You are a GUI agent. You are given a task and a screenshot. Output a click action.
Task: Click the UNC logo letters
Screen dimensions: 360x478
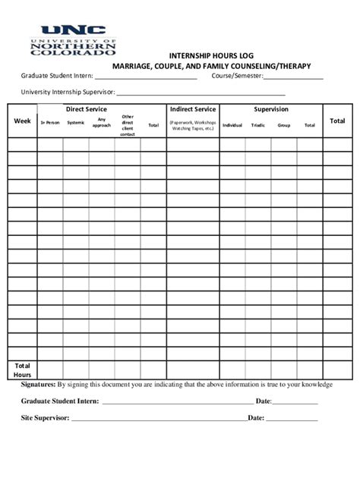click(73, 31)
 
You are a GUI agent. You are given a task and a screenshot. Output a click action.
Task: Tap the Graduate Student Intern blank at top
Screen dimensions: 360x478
click(145, 77)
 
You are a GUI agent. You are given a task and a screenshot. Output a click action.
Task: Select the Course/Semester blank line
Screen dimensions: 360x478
click(294, 77)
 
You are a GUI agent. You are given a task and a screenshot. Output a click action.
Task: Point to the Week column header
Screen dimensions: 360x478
click(23, 121)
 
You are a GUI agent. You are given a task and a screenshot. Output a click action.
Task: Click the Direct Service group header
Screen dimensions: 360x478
click(87, 109)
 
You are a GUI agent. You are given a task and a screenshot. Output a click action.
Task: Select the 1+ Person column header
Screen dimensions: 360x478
click(50, 123)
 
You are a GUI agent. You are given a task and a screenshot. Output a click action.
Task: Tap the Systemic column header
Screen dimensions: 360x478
click(76, 123)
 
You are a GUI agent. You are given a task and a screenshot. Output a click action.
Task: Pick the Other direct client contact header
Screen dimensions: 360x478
click(128, 125)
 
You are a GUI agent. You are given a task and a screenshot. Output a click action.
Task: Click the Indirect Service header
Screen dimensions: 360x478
click(193, 109)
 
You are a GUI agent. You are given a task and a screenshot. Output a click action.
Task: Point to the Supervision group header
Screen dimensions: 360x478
click(271, 109)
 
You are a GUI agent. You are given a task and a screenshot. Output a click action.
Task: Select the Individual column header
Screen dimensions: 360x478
click(232, 125)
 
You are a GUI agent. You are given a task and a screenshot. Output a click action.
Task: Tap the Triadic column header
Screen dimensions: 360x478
click(258, 125)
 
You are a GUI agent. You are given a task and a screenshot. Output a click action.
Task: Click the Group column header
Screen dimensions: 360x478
click(284, 125)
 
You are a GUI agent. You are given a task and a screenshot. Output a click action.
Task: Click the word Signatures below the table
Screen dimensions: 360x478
click(38, 385)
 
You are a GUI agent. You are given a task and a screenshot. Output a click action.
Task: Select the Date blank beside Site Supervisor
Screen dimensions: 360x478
click(292, 419)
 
